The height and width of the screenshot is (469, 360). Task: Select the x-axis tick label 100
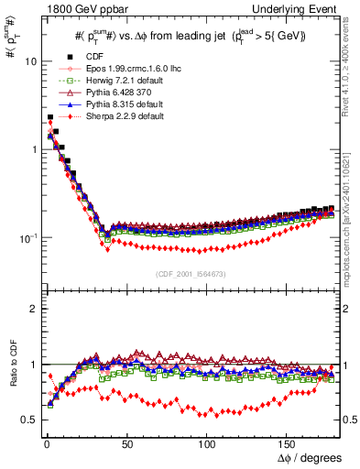(208, 443)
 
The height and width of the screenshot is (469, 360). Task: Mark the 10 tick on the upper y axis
(29, 61)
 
